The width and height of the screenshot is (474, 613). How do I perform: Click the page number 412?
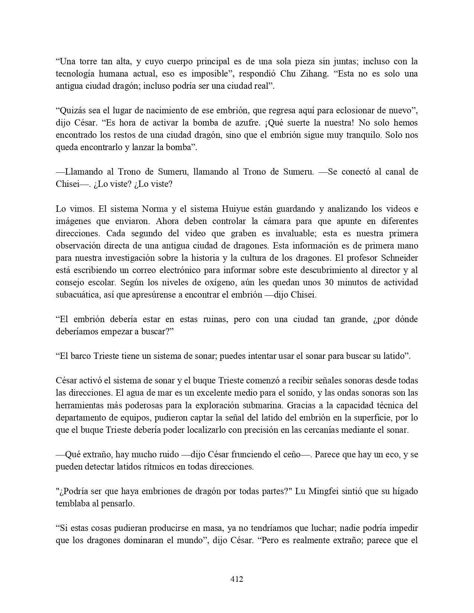tap(237, 579)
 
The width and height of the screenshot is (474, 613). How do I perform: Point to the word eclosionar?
tap(351, 110)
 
